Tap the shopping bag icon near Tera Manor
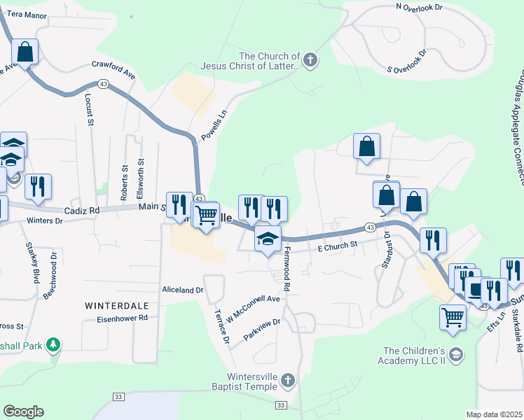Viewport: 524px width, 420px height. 25,52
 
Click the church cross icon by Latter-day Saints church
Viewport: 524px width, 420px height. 310,62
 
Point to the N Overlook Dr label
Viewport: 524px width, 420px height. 420,6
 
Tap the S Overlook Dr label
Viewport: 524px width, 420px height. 407,62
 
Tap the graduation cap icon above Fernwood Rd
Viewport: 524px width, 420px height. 268,239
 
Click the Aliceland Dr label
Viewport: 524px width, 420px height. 182,289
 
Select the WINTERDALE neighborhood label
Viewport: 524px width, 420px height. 118,306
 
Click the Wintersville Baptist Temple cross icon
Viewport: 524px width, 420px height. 287,381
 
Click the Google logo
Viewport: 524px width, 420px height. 23,412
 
